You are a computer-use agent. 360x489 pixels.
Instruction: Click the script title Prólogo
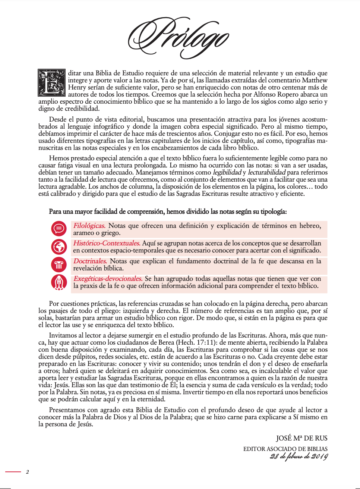click(178, 37)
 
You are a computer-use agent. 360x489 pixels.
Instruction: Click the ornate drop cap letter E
click(52, 83)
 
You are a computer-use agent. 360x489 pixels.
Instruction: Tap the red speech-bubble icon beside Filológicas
click(59, 228)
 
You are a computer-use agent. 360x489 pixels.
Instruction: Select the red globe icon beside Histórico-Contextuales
click(59, 246)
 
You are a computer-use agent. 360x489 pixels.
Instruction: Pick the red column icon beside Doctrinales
click(59, 264)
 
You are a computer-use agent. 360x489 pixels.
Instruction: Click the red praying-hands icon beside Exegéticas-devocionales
click(59, 282)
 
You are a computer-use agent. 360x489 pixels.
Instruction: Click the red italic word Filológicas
click(89, 226)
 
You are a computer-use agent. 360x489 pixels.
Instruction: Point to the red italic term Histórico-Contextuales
click(107, 243)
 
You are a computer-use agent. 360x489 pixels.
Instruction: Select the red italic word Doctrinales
click(90, 261)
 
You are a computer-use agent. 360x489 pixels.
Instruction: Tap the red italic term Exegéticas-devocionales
click(108, 279)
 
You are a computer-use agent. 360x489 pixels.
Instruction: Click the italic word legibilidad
click(227, 172)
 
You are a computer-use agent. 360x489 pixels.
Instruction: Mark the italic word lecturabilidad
click(266, 172)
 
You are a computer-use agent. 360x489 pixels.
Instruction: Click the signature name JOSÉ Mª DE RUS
click(301, 438)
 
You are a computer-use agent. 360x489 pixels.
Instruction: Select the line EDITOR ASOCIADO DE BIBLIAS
click(285, 449)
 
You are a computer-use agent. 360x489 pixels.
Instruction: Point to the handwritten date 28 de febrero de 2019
click(299, 456)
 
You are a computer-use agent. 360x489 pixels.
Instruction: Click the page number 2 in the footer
click(27, 472)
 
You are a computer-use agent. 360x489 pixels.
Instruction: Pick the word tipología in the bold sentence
click(274, 211)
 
